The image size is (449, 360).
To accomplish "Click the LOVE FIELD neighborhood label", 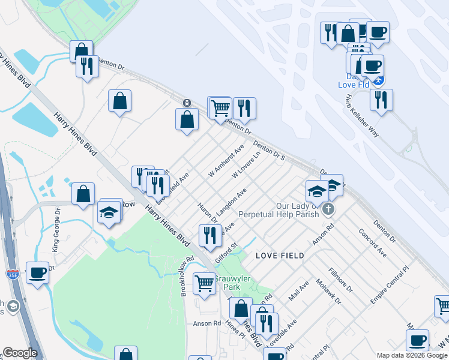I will coord(280,256).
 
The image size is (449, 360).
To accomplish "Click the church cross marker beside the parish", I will coord(328,209).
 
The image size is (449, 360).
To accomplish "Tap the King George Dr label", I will coord(55,229).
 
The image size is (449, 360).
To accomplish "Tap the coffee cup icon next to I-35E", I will coord(37,274).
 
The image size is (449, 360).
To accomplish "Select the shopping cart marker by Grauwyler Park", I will coord(205,283).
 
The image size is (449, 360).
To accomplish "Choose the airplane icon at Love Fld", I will coord(378,79).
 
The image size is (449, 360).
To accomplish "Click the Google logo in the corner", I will coord(20,353).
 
